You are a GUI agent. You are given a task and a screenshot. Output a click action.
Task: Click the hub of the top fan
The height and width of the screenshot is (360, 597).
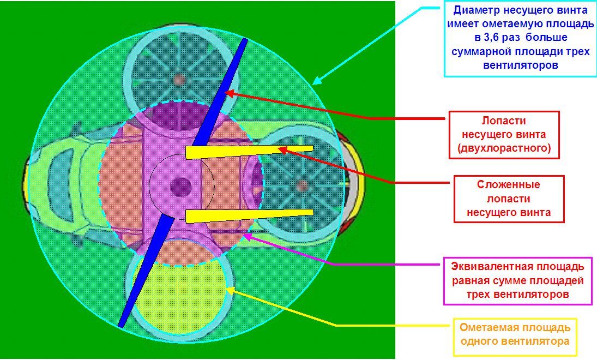179,80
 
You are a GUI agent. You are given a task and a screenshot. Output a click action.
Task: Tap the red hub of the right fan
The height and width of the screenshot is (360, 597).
302,186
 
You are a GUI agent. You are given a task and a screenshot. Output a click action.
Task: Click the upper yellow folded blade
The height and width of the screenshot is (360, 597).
249,152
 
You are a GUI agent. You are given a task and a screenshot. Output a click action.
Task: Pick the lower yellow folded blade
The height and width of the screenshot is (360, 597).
249,215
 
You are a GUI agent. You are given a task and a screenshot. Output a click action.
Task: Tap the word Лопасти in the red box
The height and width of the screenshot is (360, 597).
504,121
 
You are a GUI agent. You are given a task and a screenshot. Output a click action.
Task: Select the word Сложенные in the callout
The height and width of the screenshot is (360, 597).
508,185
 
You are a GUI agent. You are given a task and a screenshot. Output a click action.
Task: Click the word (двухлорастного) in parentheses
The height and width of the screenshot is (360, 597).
504,148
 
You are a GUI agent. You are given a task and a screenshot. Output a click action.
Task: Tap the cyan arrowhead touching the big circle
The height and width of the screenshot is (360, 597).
317,80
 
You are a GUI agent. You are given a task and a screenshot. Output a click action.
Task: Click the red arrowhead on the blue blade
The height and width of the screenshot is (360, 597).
230,93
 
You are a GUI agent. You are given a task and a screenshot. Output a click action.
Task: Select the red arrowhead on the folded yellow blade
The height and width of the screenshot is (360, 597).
284,150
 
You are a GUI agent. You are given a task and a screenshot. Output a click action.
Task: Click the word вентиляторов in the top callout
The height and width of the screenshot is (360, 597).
521,65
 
